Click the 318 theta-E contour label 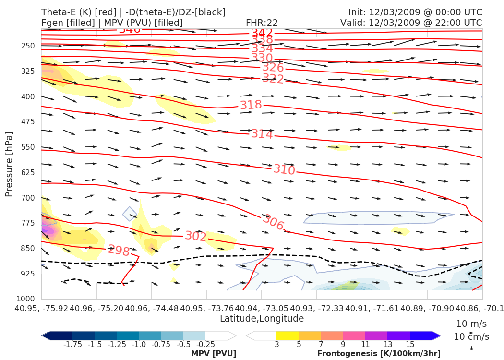click(x=251, y=105)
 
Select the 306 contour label click(x=273, y=222)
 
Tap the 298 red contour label click(x=119, y=251)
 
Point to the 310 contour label click(x=284, y=169)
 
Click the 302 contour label click(x=196, y=236)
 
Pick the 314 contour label click(x=262, y=134)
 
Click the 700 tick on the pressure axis click(x=28, y=198)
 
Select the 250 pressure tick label click(x=28, y=46)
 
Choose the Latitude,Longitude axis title click(x=262, y=318)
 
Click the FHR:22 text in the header click(x=262, y=23)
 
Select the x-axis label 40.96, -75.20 click(x=96, y=307)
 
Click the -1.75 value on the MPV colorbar click(x=72, y=345)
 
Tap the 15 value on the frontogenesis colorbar click(x=410, y=345)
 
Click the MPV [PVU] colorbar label click(x=214, y=354)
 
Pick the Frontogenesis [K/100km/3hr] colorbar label click(x=379, y=354)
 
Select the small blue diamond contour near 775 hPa click(x=130, y=214)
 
